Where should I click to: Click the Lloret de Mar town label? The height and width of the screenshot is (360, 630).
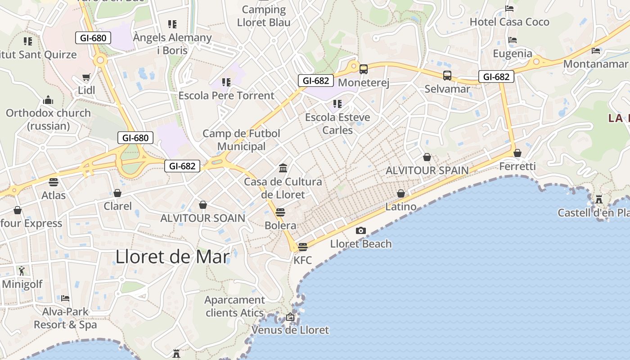tap(173, 256)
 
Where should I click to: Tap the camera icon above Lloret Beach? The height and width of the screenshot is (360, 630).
tap(360, 231)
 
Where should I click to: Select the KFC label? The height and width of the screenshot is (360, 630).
tap(302, 260)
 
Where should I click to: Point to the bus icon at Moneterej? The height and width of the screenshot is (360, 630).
tap(364, 69)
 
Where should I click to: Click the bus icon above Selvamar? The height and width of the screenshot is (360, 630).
tap(447, 76)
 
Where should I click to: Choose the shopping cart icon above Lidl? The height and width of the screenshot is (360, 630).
tap(86, 77)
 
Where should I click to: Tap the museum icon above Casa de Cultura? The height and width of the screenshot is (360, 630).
tap(283, 168)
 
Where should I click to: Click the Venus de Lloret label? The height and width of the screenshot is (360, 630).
tap(290, 330)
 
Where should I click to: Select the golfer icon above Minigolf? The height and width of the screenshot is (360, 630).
tap(22, 270)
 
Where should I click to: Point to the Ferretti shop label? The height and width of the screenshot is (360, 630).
tap(517, 166)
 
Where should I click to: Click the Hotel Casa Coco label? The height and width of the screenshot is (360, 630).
tap(509, 22)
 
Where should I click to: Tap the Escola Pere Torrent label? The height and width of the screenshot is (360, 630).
tap(226, 95)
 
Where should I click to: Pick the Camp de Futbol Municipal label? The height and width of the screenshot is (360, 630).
tap(241, 140)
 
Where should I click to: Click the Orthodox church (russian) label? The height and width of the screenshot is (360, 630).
tap(48, 119)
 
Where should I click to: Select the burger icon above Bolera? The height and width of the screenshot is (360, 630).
tap(280, 212)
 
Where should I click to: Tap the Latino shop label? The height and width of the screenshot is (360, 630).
tap(401, 207)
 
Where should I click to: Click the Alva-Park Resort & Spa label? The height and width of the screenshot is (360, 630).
tap(65, 318)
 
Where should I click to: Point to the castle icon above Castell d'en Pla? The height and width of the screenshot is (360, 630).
tap(599, 199)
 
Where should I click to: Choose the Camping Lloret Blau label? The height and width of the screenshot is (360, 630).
tap(264, 16)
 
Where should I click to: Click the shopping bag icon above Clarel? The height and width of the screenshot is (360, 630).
tap(117, 193)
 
